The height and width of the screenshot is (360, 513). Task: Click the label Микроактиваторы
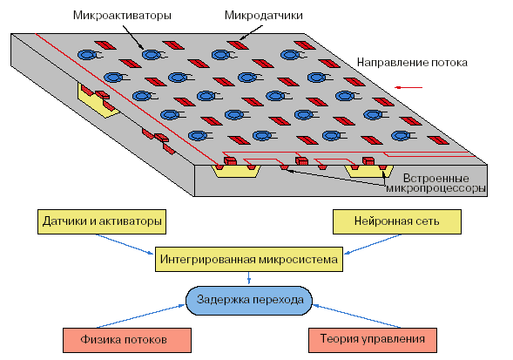point(122,16)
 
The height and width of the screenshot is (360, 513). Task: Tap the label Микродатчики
point(263,16)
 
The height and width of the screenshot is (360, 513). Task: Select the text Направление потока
point(412,63)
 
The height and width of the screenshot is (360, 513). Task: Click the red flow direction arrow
point(408,87)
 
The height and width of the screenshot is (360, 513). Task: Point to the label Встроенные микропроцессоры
point(435,183)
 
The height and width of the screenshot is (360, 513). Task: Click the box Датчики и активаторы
point(102,221)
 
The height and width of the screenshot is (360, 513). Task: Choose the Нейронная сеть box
point(397,221)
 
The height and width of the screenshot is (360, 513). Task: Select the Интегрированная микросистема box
point(248,260)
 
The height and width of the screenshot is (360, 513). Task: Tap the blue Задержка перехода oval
point(249,301)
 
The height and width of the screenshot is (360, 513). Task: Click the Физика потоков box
point(127,340)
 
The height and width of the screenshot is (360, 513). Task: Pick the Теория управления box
point(373,340)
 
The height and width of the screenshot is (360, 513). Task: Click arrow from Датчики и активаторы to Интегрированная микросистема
point(125,244)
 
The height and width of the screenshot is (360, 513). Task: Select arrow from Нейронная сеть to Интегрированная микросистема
point(373,244)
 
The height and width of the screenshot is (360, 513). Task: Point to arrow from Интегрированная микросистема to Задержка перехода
point(249,278)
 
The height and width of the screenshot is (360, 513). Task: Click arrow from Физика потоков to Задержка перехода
point(141,316)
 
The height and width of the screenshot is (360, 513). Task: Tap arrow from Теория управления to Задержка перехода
point(356,316)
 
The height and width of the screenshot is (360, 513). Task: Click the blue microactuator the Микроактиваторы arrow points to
point(152,55)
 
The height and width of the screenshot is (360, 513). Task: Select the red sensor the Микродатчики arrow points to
point(238,44)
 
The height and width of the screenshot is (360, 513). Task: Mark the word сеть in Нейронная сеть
point(428,221)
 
